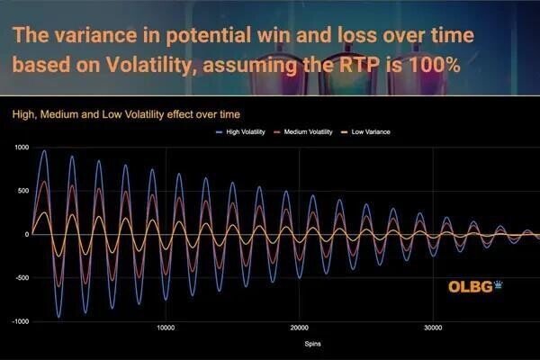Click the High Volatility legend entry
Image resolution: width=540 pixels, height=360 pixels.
[246, 132]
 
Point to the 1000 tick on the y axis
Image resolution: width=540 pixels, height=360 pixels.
[20, 148]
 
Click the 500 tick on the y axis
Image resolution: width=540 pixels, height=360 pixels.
[22, 191]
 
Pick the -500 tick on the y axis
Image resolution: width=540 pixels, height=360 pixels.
[22, 278]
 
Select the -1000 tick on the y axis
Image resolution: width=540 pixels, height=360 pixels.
[19, 321]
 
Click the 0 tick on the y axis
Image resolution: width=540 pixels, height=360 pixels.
[28, 235]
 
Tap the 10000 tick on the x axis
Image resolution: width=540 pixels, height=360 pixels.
[165, 328]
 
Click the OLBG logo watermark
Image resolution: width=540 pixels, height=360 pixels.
[472, 287]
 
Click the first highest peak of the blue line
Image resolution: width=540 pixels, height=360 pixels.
[44, 151]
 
